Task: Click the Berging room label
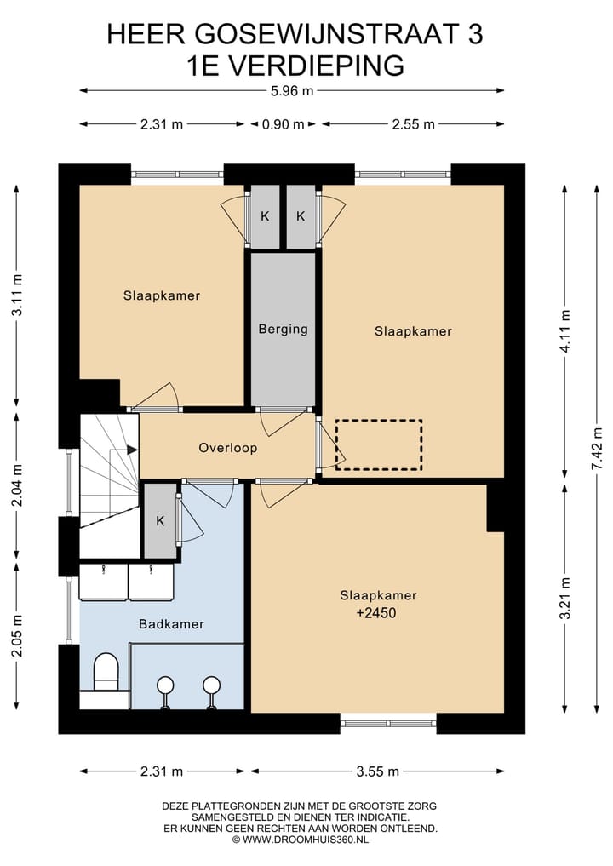283,330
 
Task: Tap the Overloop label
227,447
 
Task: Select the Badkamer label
171,624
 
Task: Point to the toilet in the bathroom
106,672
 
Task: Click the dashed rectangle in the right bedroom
379,444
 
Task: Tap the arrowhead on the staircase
133,450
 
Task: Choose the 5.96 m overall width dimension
291,91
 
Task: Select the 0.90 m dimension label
283,124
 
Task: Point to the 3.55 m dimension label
377,771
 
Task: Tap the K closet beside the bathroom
160,521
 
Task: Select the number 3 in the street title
475,34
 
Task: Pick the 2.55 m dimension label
413,124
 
